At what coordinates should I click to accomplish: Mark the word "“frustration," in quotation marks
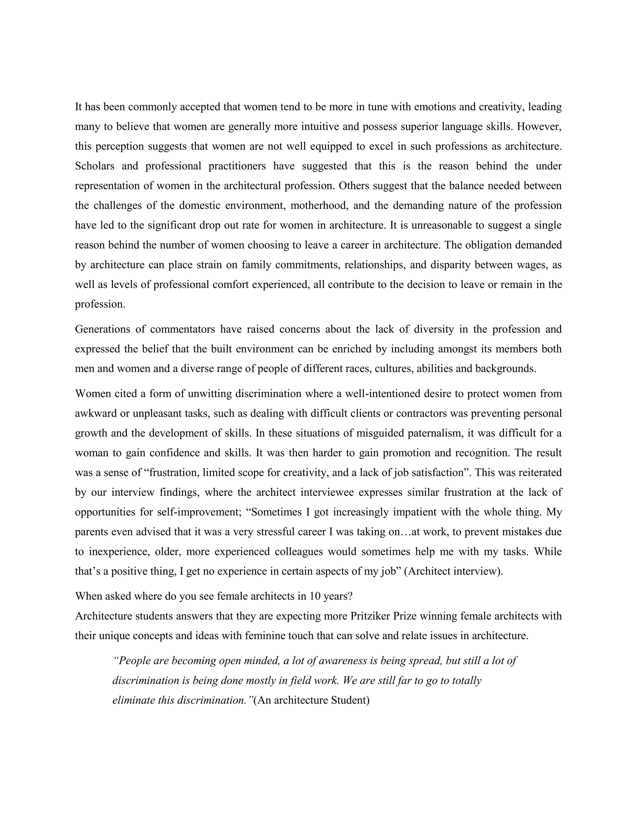172,472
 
